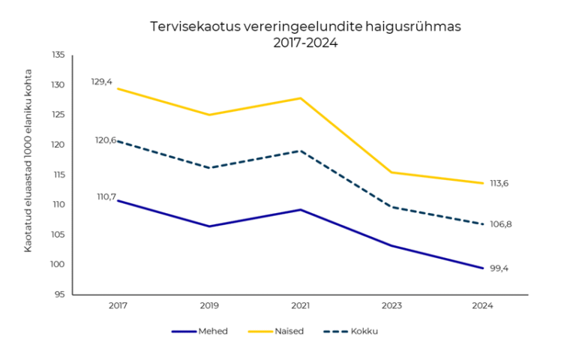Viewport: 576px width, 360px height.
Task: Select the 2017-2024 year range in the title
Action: pyautogui.click(x=305, y=43)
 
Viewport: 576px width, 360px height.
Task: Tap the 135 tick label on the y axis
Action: pyautogui.click(x=58, y=55)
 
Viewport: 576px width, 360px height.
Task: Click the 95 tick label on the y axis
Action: pyautogui.click(x=60, y=295)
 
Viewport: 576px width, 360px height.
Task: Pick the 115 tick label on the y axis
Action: pyautogui.click(x=58, y=175)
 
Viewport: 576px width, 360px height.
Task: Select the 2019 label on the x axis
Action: pyautogui.click(x=208, y=306)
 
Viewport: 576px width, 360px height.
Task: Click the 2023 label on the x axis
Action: pyautogui.click(x=391, y=306)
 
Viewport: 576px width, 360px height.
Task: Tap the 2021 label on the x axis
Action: pyautogui.click(x=300, y=306)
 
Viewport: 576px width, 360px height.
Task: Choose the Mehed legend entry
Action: pyautogui.click(x=208, y=331)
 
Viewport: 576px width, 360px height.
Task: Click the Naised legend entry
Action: pyautogui.click(x=289, y=331)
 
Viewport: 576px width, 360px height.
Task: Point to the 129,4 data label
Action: pyautogui.click(x=101, y=81)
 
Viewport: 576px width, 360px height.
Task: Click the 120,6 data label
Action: pyautogui.click(x=105, y=140)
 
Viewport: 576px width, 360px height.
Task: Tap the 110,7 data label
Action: pyautogui.click(x=106, y=196)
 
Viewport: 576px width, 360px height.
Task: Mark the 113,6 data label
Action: pyautogui.click(x=499, y=183)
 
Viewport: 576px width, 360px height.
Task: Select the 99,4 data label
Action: pyautogui.click(x=498, y=268)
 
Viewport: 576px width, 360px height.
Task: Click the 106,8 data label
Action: pyautogui.click(x=500, y=224)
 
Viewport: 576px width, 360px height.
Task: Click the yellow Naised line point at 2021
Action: pyautogui.click(x=300, y=98)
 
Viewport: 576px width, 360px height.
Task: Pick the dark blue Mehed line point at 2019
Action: pyautogui.click(x=208, y=226)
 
